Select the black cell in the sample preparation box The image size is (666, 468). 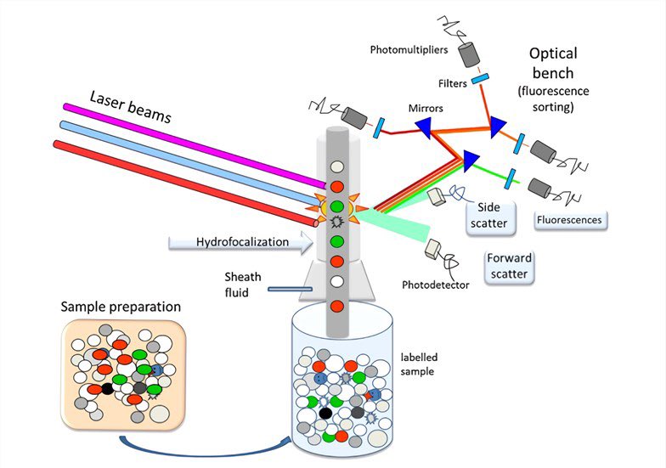pos(107,388)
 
